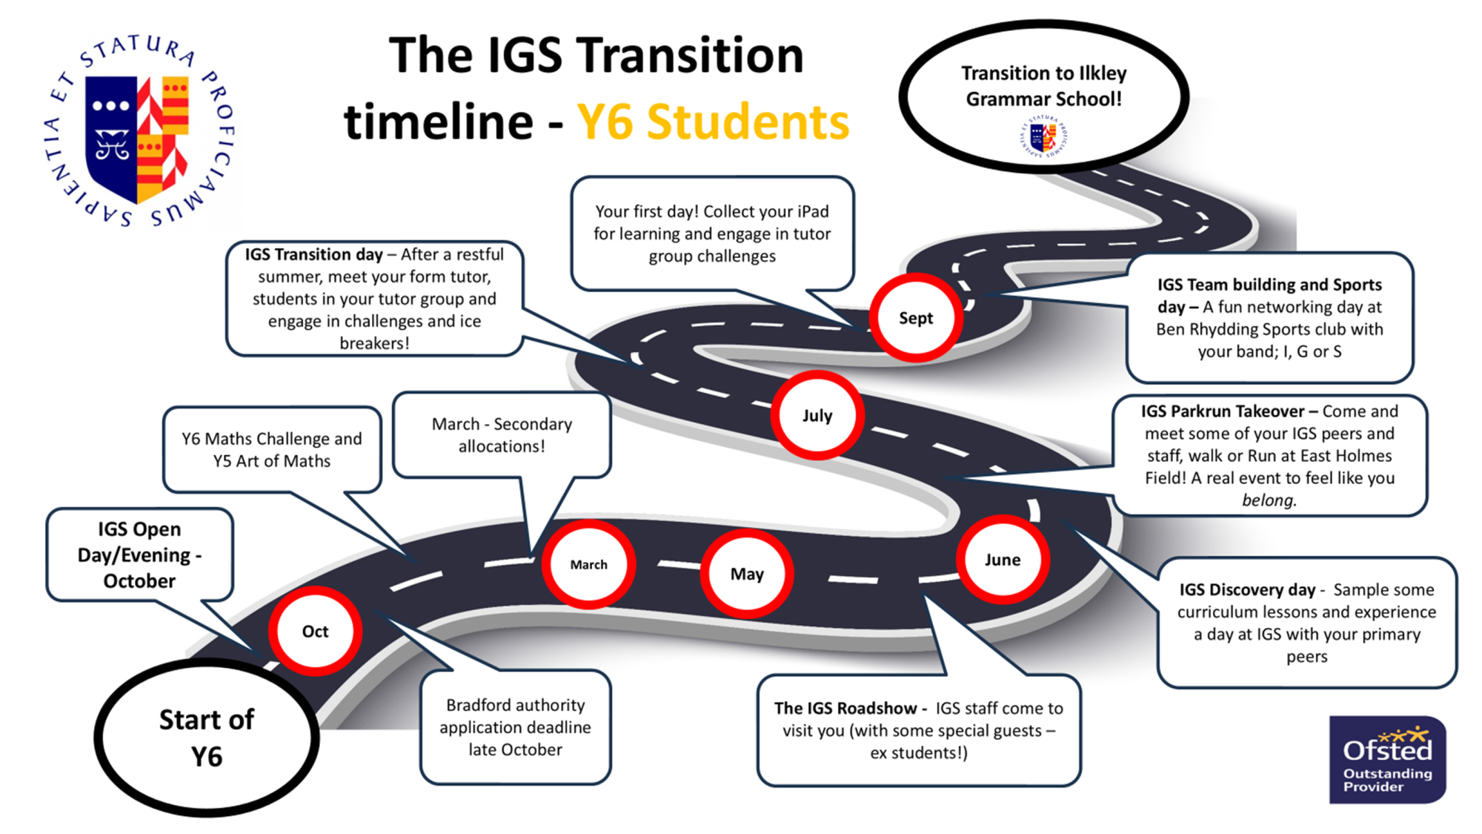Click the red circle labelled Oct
point(316,631)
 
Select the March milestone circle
point(589,564)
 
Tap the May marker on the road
point(747,574)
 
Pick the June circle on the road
point(1003,560)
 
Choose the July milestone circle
point(817,415)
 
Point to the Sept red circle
point(916,318)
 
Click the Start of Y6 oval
point(207,738)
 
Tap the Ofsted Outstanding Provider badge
point(1387,759)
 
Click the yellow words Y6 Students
point(713,122)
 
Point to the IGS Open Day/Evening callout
point(139,555)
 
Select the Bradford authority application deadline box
point(515,727)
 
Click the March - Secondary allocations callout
point(502,434)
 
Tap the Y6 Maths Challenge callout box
point(272,449)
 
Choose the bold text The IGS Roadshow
point(845,708)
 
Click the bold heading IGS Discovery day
point(1247,589)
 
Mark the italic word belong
point(1269,500)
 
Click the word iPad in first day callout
point(812,211)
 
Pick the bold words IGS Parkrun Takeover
point(1222,411)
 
